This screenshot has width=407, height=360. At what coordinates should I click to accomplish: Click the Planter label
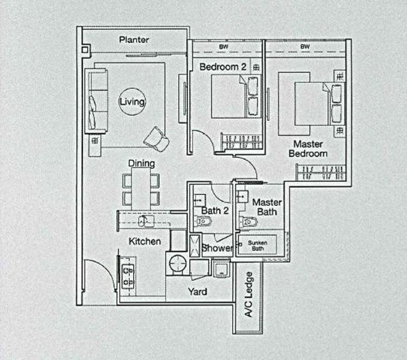point(133,40)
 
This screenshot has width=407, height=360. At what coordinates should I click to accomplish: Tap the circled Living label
point(131,102)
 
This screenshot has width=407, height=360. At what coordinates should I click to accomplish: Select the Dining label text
point(141,163)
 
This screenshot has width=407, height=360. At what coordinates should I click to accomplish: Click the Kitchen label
point(145,241)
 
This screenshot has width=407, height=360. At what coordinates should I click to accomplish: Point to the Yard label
point(197,292)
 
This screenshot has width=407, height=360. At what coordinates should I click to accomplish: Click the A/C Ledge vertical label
point(249,295)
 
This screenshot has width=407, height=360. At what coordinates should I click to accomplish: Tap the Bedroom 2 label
point(223,67)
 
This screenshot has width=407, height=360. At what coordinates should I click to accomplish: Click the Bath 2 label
point(213,211)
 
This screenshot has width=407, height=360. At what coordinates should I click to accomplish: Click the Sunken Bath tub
point(259,244)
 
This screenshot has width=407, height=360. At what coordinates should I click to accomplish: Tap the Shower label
point(217,248)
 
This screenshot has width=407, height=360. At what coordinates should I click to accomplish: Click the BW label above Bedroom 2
point(224,47)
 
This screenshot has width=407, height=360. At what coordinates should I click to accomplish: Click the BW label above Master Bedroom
point(305,47)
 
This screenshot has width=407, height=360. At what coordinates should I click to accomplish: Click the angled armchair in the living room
point(156,138)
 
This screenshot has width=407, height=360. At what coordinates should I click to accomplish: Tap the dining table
point(141,188)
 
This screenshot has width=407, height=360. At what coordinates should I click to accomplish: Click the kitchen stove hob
point(127,275)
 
